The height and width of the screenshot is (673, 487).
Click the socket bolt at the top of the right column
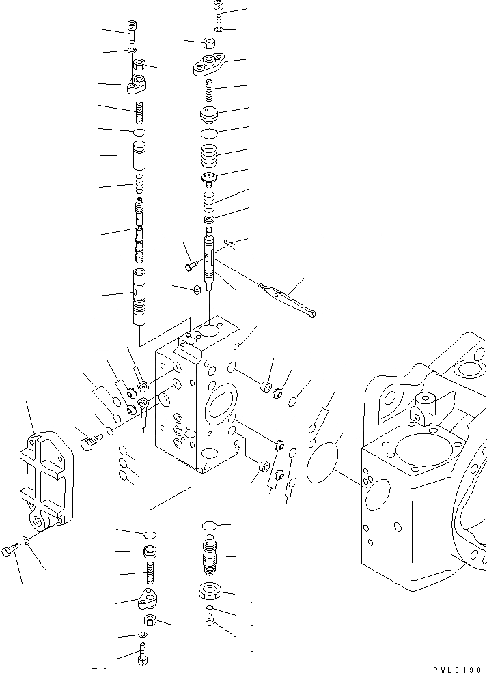point(218,10)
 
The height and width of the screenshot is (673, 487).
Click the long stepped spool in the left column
point(140,229)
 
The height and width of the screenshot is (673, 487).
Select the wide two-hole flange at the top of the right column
point(209,66)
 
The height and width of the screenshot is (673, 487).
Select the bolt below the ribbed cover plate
point(10,549)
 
